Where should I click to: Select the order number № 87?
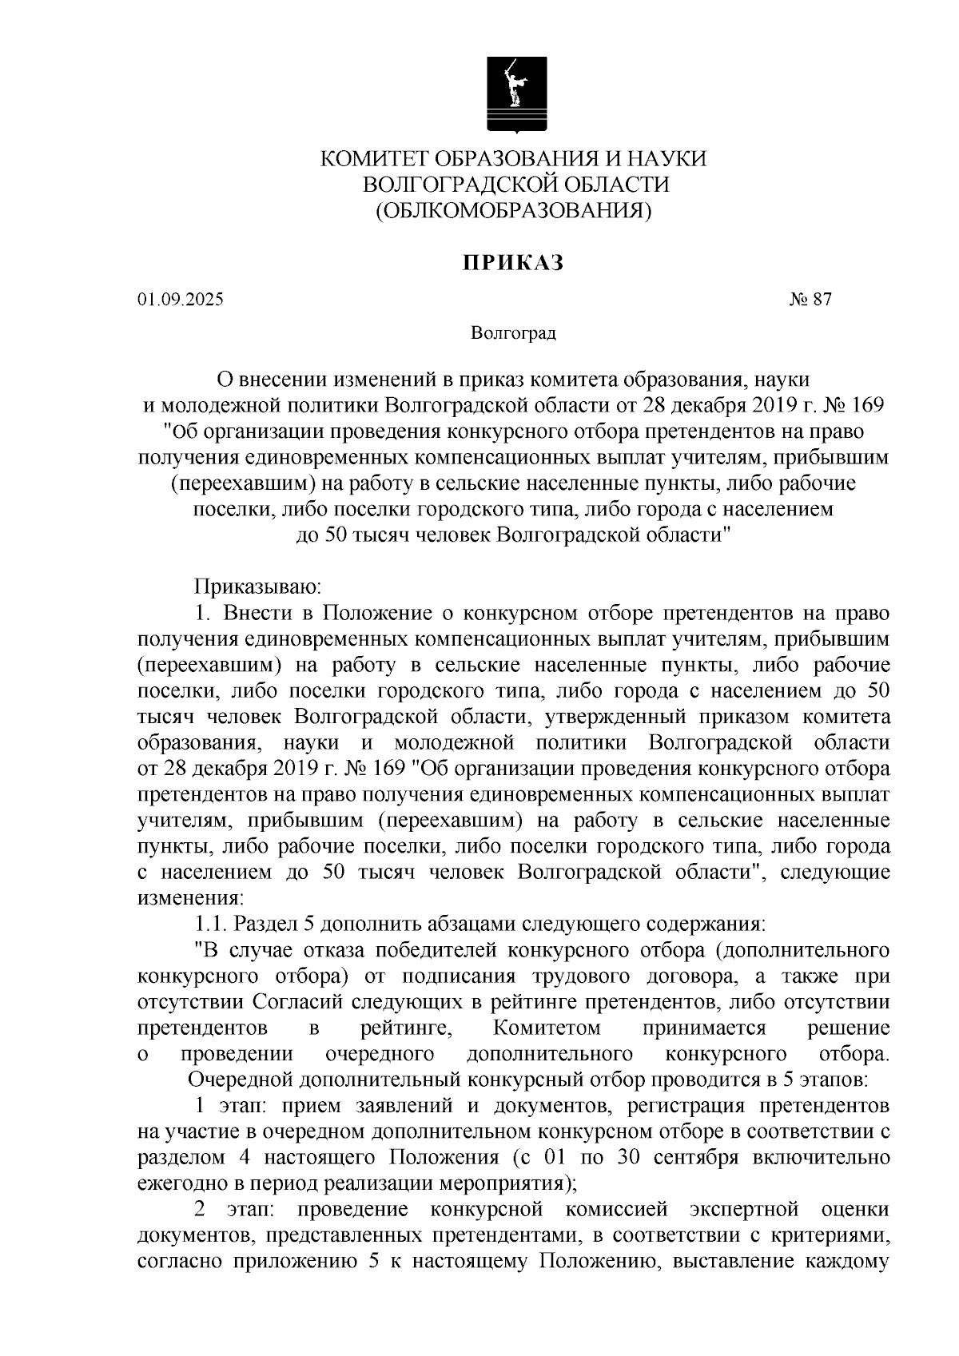[810, 300]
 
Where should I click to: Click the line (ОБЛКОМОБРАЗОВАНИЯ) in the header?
[514, 210]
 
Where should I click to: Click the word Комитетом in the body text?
[547, 1028]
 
